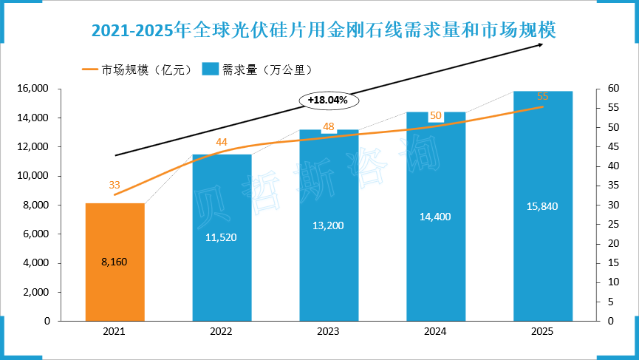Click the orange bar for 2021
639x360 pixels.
tap(115, 262)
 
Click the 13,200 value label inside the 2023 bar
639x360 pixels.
tap(329, 225)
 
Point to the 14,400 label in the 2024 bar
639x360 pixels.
tap(436, 217)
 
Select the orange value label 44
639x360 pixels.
tap(222, 142)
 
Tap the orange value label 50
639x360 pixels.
tap(436, 115)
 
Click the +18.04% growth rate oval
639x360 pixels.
tap(328, 99)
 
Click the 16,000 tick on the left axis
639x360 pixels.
tap(33, 89)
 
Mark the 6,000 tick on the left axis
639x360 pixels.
tap(35, 234)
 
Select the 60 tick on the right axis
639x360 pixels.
tap(604, 89)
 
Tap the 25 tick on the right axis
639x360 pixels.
tap(604, 224)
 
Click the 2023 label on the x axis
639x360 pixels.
tap(329, 333)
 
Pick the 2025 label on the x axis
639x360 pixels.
tap(543, 333)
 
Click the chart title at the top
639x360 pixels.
tap(323, 30)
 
